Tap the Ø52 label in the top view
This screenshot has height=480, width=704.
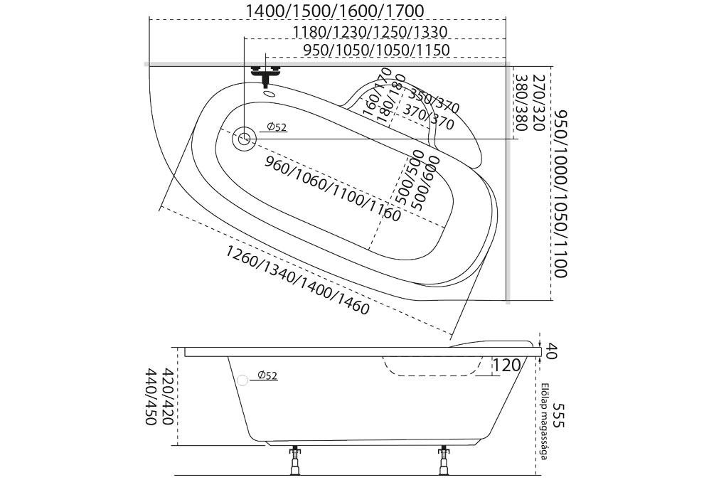277,127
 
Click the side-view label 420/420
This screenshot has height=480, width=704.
168,397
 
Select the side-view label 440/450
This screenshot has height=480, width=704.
151,397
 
